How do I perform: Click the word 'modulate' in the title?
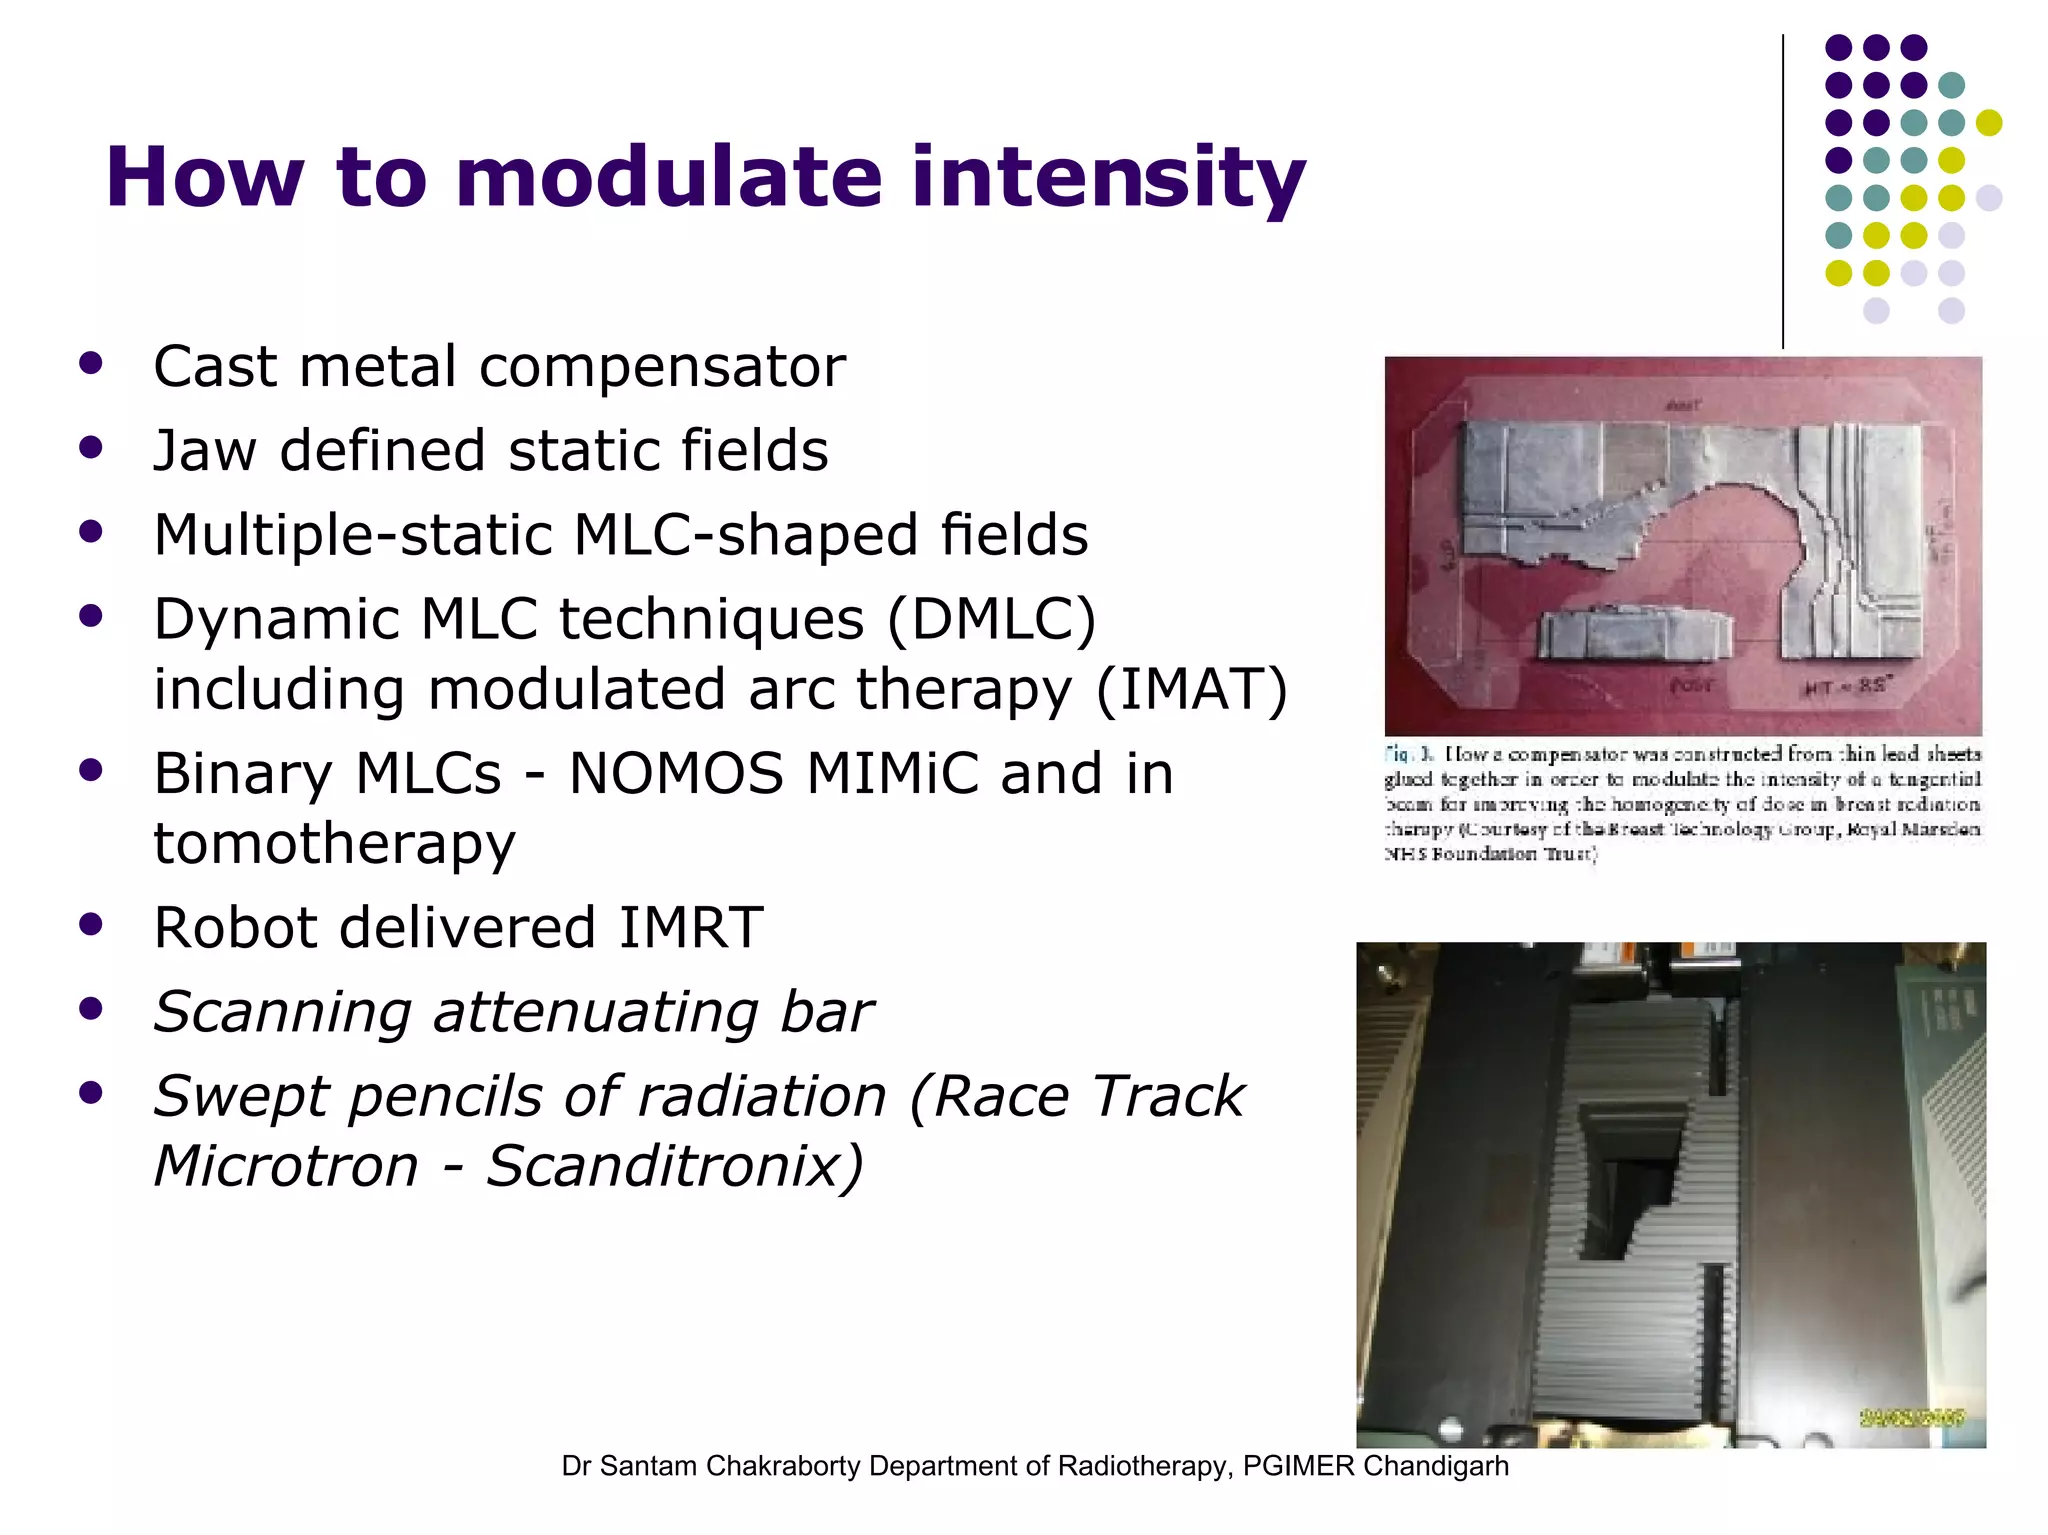(x=668, y=178)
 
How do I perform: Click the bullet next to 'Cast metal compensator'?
(x=91, y=363)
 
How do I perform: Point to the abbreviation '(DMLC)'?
(x=990, y=619)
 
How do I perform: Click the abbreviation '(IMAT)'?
(x=1191, y=690)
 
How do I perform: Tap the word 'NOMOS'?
(x=676, y=774)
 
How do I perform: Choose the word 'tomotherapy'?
(x=334, y=843)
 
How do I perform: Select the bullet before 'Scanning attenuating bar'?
(x=91, y=1009)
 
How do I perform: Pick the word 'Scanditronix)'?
(x=674, y=1166)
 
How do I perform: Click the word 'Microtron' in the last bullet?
(x=286, y=1166)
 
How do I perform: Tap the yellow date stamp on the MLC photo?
(x=1912, y=1417)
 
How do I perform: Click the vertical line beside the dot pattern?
(x=1783, y=190)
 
